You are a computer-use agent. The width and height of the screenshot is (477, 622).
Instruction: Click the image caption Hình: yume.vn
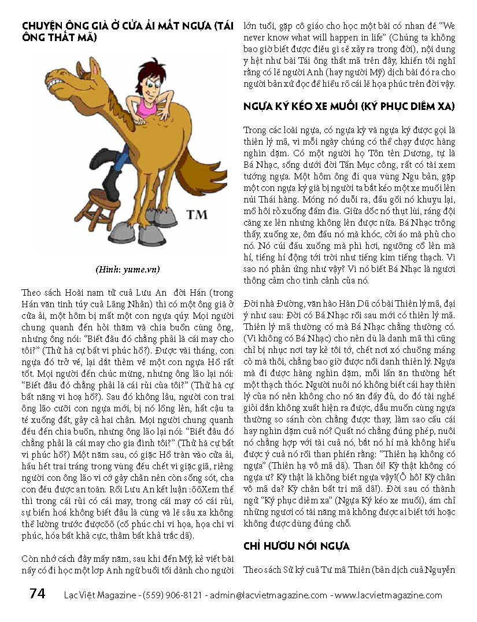tap(128, 269)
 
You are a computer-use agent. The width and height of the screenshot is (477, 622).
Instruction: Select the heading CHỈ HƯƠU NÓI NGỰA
tap(296, 546)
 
